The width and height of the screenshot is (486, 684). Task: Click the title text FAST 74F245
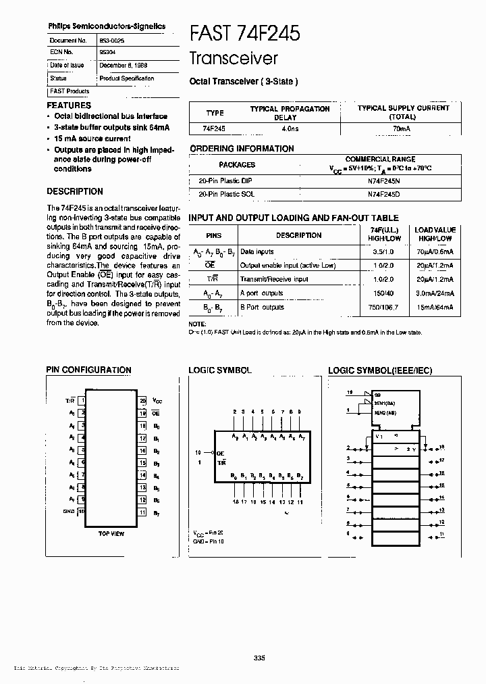[245, 32]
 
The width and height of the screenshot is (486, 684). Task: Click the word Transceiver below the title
[234, 59]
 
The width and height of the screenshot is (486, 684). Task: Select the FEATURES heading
[69, 105]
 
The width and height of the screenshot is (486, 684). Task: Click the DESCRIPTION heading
[75, 191]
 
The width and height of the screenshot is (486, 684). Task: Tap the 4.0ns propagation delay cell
[290, 128]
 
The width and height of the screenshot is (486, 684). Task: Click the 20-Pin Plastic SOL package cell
[227, 194]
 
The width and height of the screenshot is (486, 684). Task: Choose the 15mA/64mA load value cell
[435, 307]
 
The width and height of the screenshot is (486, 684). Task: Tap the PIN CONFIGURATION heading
[88, 370]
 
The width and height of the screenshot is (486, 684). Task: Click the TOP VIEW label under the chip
[111, 533]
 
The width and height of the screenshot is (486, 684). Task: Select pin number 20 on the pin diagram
[142, 401]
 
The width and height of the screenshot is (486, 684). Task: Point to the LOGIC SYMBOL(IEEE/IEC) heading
[379, 370]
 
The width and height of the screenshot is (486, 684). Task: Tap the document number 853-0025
[111, 41]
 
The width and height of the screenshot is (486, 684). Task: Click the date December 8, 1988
[123, 66]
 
